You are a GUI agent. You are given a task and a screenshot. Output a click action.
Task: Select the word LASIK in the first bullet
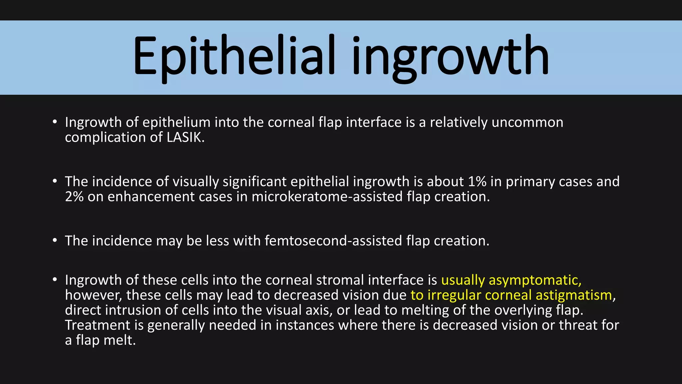pos(184,137)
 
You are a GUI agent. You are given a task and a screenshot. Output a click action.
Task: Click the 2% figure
pos(74,197)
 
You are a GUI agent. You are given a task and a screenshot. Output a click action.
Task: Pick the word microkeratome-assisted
pos(327,197)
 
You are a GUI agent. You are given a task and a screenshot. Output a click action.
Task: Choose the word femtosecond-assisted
pos(333,241)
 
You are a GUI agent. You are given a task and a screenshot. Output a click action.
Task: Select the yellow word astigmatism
pos(574,295)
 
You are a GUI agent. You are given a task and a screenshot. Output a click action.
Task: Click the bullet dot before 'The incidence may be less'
pos(55,240)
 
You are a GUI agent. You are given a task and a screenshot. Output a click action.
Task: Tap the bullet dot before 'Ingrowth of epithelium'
pos(55,122)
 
